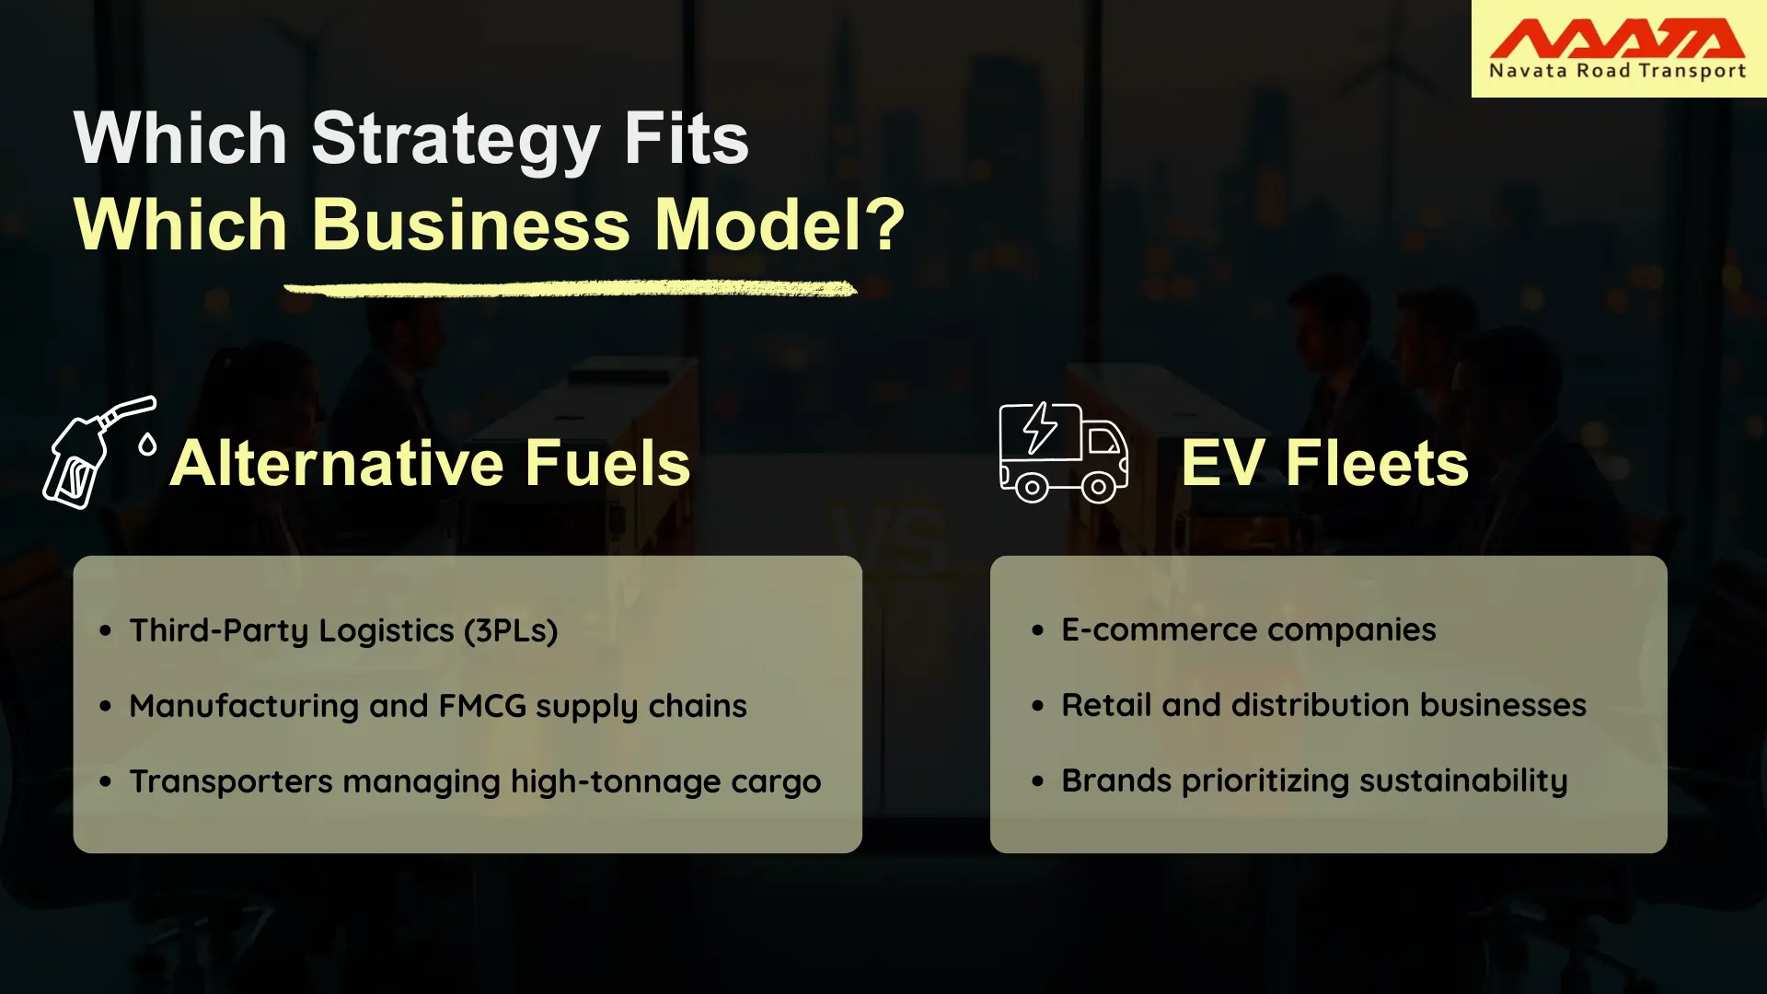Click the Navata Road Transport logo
click(1618, 49)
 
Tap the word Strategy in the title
click(456, 140)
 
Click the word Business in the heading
click(471, 225)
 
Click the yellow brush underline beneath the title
click(571, 290)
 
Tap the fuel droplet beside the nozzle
click(147, 445)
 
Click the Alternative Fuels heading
click(431, 463)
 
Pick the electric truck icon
click(1063, 453)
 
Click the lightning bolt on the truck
click(1041, 428)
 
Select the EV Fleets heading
click(1325, 463)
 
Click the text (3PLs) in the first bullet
click(511, 631)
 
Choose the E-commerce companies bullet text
click(1249, 630)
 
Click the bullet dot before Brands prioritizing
click(1038, 782)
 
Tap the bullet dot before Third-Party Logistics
click(106, 631)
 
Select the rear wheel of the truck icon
click(1032, 487)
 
